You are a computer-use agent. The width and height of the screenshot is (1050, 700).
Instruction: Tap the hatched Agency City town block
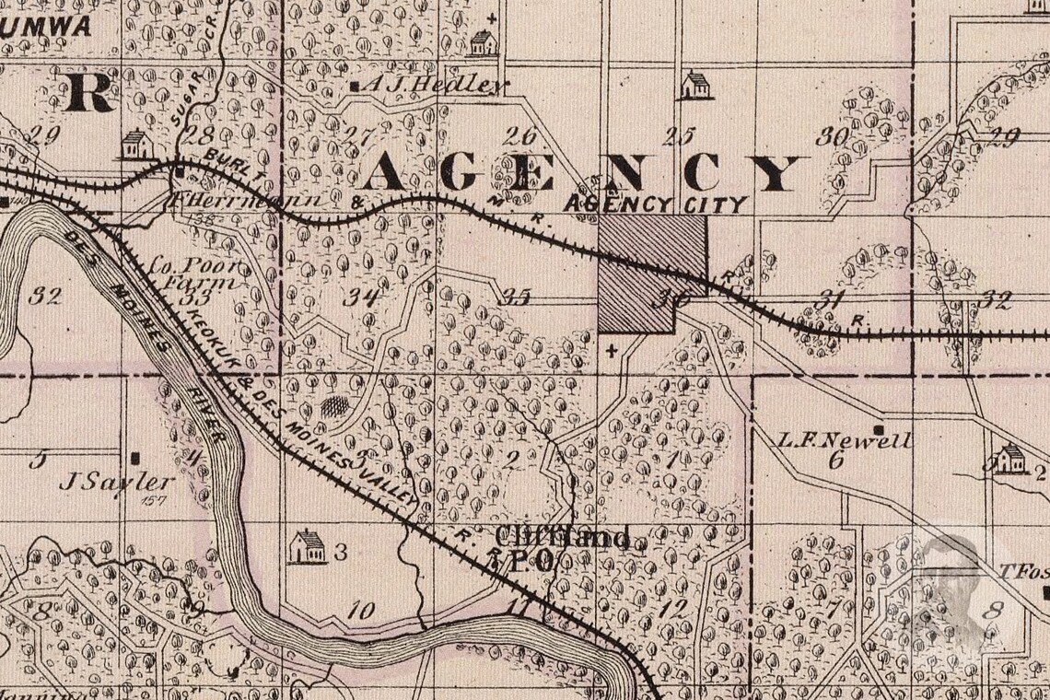650,271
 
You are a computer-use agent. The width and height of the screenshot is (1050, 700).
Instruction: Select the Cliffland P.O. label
562,548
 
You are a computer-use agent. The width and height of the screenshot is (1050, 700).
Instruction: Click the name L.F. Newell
830,440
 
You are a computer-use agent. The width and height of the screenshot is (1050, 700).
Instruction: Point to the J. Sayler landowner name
117,481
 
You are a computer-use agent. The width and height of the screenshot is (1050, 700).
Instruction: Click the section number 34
362,297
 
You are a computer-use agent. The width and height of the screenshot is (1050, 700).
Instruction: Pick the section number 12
673,608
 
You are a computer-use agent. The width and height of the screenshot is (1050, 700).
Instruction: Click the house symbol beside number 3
307,547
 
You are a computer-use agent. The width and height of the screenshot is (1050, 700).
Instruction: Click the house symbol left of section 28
136,144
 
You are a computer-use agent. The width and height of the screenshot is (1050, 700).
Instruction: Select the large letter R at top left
89,92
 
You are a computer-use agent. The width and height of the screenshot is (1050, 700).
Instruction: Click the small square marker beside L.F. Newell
881,430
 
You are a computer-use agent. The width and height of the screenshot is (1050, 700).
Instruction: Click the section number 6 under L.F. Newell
835,461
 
